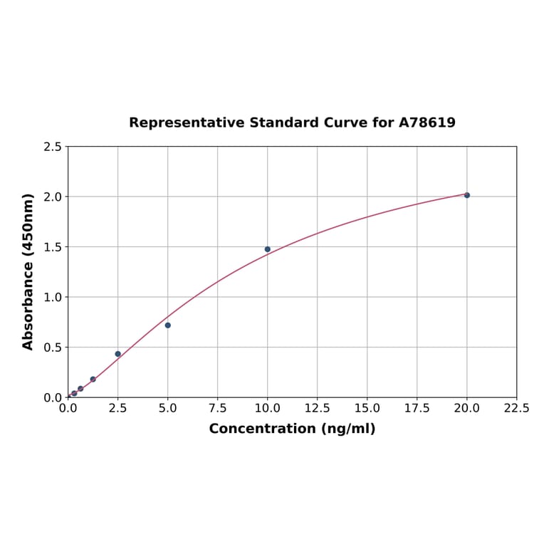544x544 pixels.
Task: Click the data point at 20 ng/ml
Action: point(467,195)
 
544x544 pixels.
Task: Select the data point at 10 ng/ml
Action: point(268,249)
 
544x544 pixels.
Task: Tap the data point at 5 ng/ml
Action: point(168,325)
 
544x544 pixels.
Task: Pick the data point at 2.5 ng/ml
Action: point(118,354)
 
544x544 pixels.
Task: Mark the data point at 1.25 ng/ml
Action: point(93,380)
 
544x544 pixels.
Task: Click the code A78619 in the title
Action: point(427,122)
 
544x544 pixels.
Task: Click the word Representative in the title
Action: point(187,122)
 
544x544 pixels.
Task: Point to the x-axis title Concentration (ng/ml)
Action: point(292,429)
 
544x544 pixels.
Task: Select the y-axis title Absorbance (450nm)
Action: point(28,271)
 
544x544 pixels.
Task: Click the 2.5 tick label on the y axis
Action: point(53,147)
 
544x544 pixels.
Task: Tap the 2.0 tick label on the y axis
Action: point(53,197)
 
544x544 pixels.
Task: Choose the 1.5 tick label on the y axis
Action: point(53,247)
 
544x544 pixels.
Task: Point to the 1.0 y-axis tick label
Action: point(53,297)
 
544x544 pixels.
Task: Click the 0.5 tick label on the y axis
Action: point(53,347)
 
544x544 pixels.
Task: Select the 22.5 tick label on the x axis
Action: point(516,409)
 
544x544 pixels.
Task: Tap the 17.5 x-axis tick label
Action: point(417,409)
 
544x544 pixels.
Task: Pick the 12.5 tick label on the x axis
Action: point(318,409)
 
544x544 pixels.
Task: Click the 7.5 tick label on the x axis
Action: point(218,409)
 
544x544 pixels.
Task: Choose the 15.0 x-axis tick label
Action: point(367,409)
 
